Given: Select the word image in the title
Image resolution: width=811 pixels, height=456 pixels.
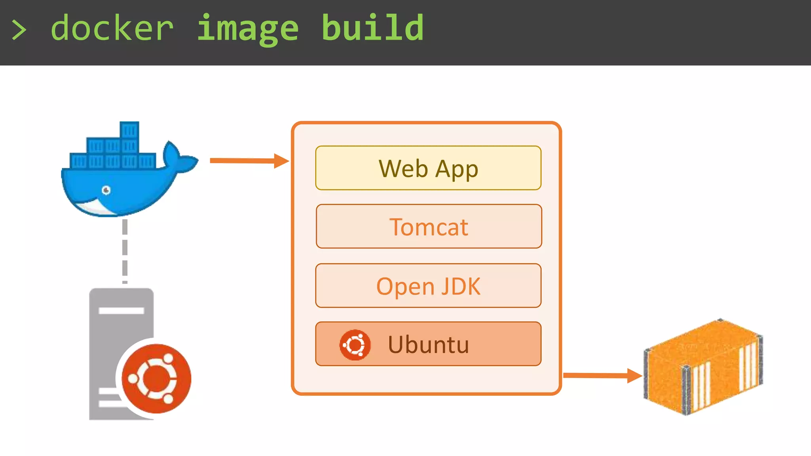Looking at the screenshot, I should tap(247, 28).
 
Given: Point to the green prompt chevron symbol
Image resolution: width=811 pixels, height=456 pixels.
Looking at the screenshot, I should tap(19, 30).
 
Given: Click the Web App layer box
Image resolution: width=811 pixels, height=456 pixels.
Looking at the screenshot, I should tap(428, 168).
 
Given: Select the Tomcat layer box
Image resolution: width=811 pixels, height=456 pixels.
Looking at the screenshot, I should tap(428, 226).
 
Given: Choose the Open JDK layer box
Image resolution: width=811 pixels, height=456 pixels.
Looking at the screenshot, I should tap(428, 285).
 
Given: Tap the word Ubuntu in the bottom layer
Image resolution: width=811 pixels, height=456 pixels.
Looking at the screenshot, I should tap(428, 344).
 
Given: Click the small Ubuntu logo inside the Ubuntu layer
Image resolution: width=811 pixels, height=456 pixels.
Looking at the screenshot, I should tap(355, 345).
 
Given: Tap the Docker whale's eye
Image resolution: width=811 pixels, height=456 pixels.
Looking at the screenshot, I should tap(106, 190).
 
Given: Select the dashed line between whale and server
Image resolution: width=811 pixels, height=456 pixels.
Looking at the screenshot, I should tap(125, 251).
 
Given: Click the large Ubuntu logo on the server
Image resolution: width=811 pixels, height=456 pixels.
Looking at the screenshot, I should tap(156, 378).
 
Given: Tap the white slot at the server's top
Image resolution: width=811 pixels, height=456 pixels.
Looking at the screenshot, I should tap(121, 310).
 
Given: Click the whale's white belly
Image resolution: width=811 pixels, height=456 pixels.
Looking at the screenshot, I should tap(95, 207).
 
